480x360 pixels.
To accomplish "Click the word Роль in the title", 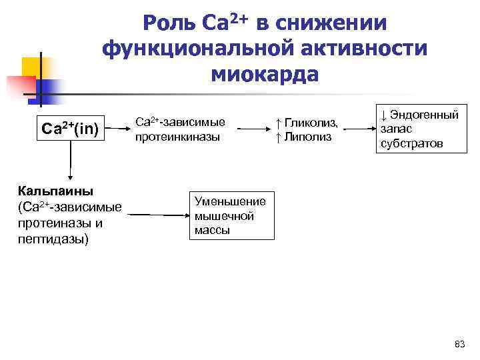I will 170,24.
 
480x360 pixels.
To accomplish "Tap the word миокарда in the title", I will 265,74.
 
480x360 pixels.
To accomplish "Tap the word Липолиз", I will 307,137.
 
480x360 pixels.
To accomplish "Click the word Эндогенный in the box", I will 424,115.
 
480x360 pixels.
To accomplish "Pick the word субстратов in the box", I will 412,143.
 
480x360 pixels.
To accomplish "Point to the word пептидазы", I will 53,239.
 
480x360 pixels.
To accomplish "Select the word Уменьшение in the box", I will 230,201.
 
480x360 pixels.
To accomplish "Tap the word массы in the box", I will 212,231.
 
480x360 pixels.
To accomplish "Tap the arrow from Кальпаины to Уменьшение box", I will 157,215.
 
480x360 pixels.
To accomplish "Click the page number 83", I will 459,344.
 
